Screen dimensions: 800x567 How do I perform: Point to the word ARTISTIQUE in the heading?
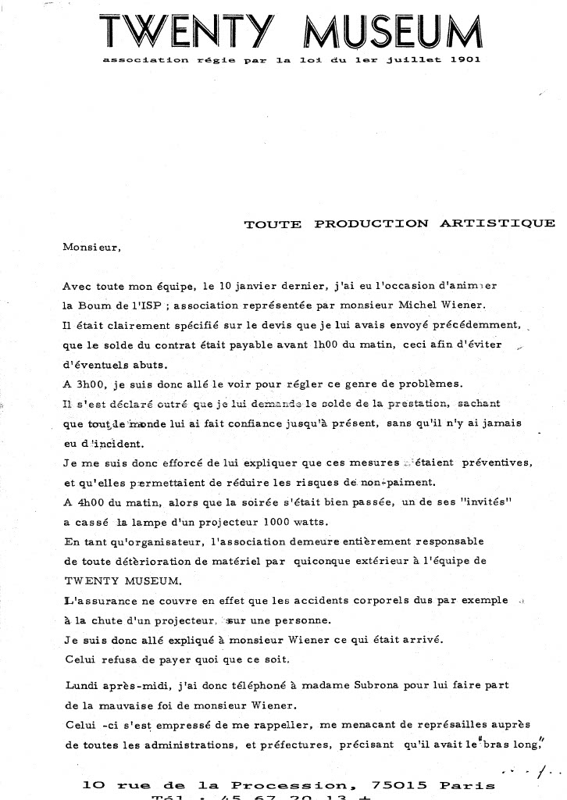point(497,223)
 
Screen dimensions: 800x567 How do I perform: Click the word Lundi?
point(80,685)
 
